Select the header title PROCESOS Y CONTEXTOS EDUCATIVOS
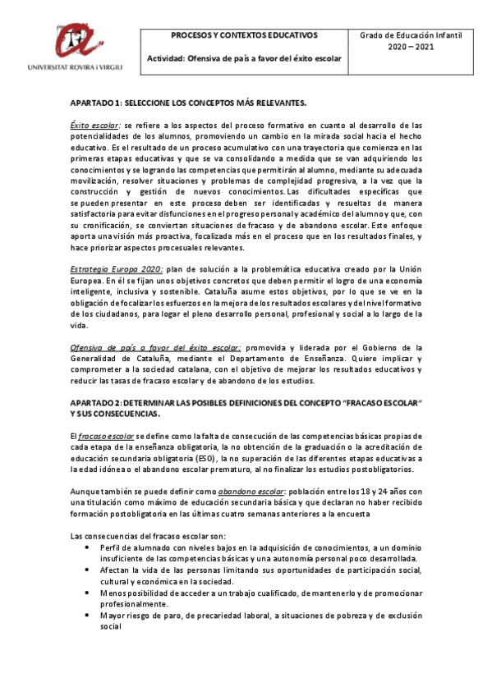point(243,37)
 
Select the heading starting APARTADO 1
point(189,103)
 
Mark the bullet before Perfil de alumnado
point(88,546)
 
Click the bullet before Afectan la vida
point(88,569)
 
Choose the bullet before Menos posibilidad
point(88,592)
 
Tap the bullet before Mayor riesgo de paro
point(88,615)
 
